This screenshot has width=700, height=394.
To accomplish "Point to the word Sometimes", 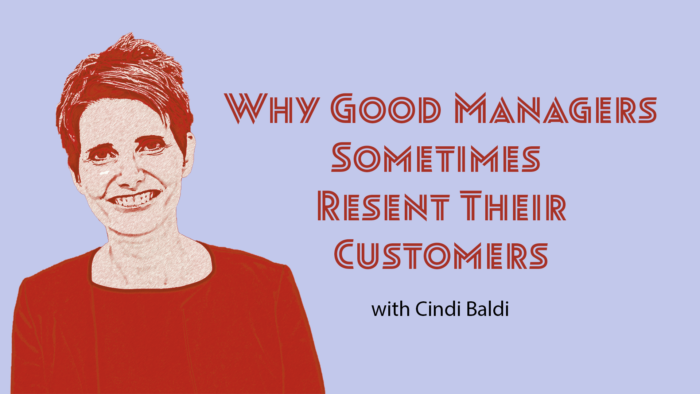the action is click(x=436, y=157).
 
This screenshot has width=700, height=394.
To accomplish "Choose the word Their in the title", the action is click(x=513, y=206).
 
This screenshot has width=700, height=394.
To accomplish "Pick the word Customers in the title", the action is click(x=441, y=254).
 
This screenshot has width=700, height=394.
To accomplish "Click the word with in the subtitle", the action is click(x=390, y=309).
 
